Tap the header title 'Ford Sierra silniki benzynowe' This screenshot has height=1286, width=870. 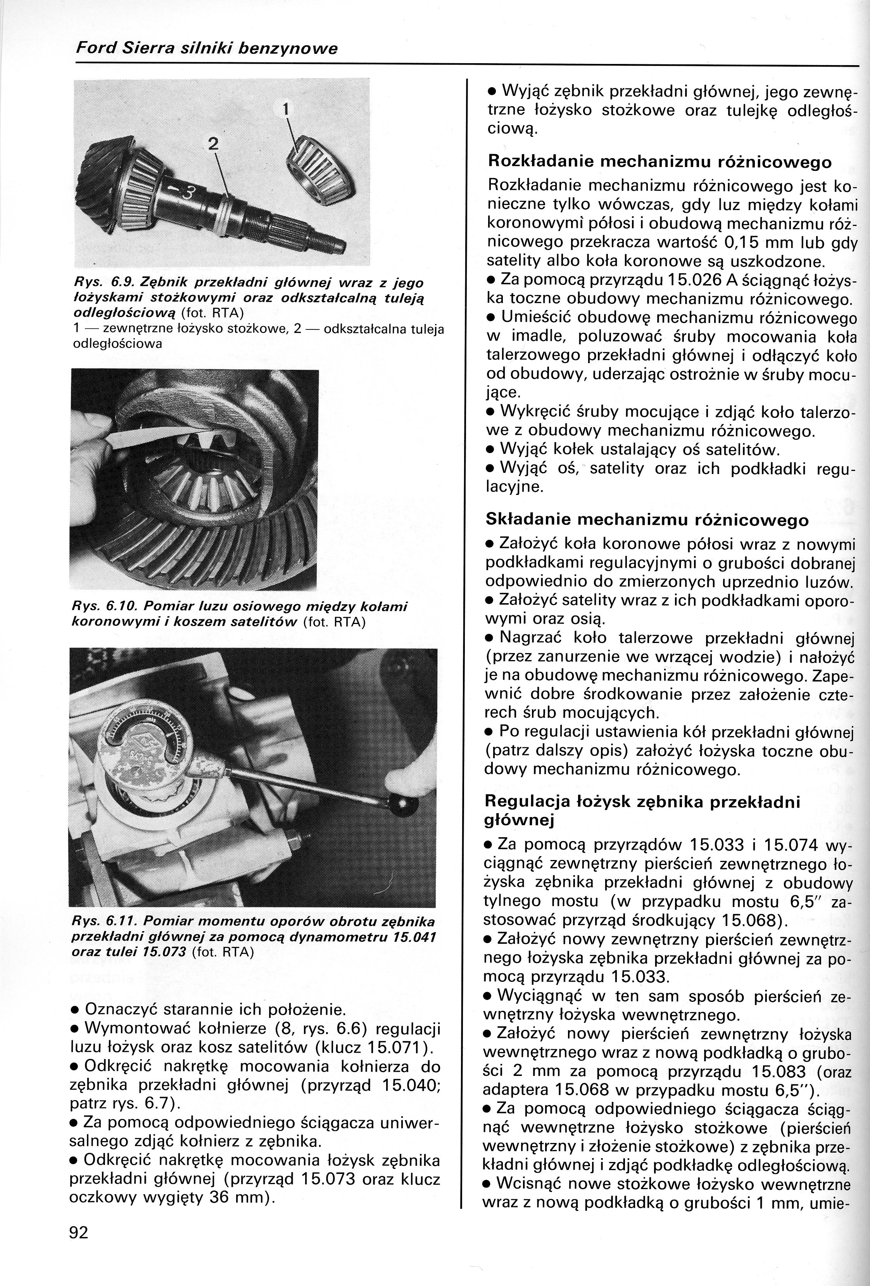pos(206,49)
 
